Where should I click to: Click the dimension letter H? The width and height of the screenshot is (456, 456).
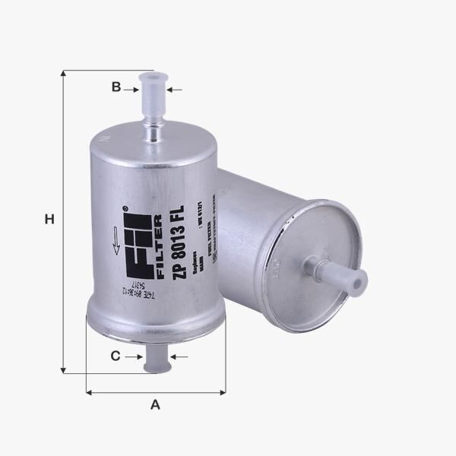click(x=49, y=220)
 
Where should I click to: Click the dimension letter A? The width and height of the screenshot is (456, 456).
click(x=156, y=405)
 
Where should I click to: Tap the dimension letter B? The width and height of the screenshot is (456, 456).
click(x=116, y=87)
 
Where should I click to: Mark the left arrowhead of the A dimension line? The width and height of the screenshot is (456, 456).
click(x=89, y=392)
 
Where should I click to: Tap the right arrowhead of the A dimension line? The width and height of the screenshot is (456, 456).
click(x=223, y=392)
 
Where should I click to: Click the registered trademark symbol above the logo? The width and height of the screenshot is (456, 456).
click(x=123, y=207)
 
